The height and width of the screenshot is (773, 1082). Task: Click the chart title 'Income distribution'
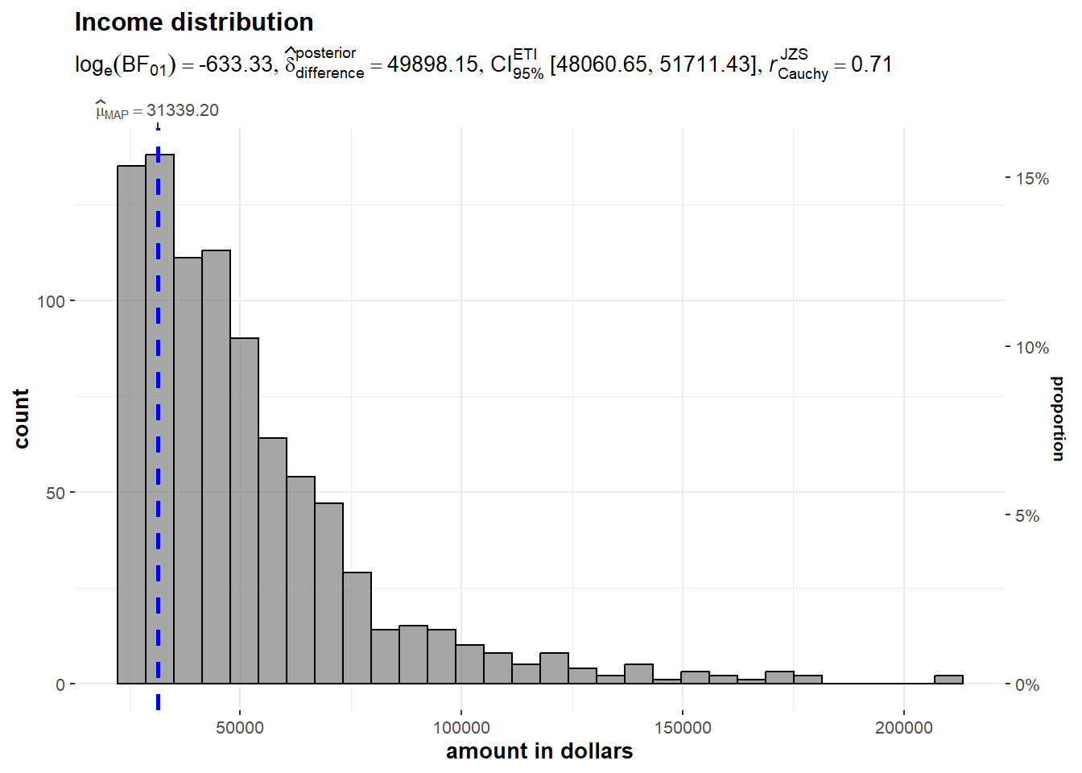[x=194, y=23]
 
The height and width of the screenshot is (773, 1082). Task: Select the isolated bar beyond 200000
[x=948, y=680]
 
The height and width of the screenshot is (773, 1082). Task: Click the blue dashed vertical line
[x=159, y=483]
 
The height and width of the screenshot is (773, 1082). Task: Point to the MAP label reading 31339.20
[x=158, y=110]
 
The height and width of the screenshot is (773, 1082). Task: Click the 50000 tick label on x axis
[x=240, y=728]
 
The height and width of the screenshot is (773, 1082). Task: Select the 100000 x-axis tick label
[x=461, y=728]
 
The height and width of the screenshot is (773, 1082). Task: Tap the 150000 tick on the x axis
[x=683, y=728]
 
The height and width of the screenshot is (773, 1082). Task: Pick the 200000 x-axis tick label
[x=904, y=728]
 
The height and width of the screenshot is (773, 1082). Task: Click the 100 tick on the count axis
[x=51, y=301]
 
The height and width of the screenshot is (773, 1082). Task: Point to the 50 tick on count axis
[x=55, y=493]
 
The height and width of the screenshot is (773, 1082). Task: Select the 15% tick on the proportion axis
[x=1032, y=179]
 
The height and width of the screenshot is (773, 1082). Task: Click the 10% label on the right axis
[x=1032, y=348]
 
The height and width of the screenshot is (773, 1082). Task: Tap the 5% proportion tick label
[x=1027, y=516]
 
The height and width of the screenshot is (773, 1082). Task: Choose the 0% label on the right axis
[x=1027, y=685]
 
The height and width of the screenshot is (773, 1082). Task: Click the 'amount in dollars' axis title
[x=539, y=751]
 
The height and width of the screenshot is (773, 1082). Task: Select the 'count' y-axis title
[x=21, y=418]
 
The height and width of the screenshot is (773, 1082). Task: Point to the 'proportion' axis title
[x=1058, y=418]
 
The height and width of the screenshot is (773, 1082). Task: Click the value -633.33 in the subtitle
[x=236, y=64]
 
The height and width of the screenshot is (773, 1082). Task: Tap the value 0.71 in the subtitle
[x=871, y=64]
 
